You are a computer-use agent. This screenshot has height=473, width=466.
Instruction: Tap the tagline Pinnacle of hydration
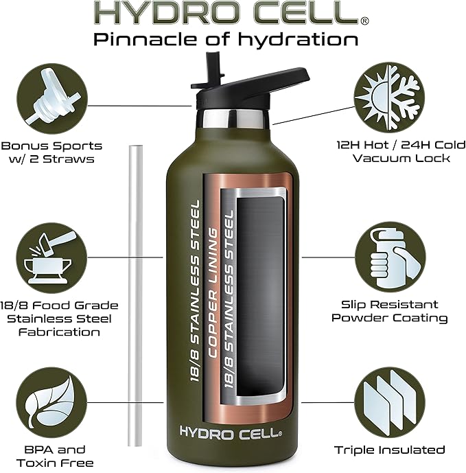click(x=226, y=40)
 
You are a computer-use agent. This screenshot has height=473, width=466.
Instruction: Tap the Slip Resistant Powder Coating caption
click(x=390, y=311)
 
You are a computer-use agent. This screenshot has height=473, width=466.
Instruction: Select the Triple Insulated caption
click(x=390, y=450)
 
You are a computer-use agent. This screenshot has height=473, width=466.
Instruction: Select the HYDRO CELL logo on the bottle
click(x=230, y=432)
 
